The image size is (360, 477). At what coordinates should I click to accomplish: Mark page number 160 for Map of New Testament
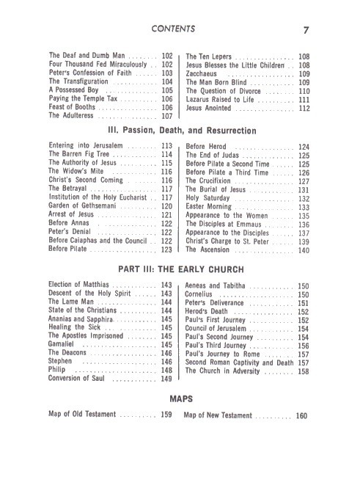point(301,416)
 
